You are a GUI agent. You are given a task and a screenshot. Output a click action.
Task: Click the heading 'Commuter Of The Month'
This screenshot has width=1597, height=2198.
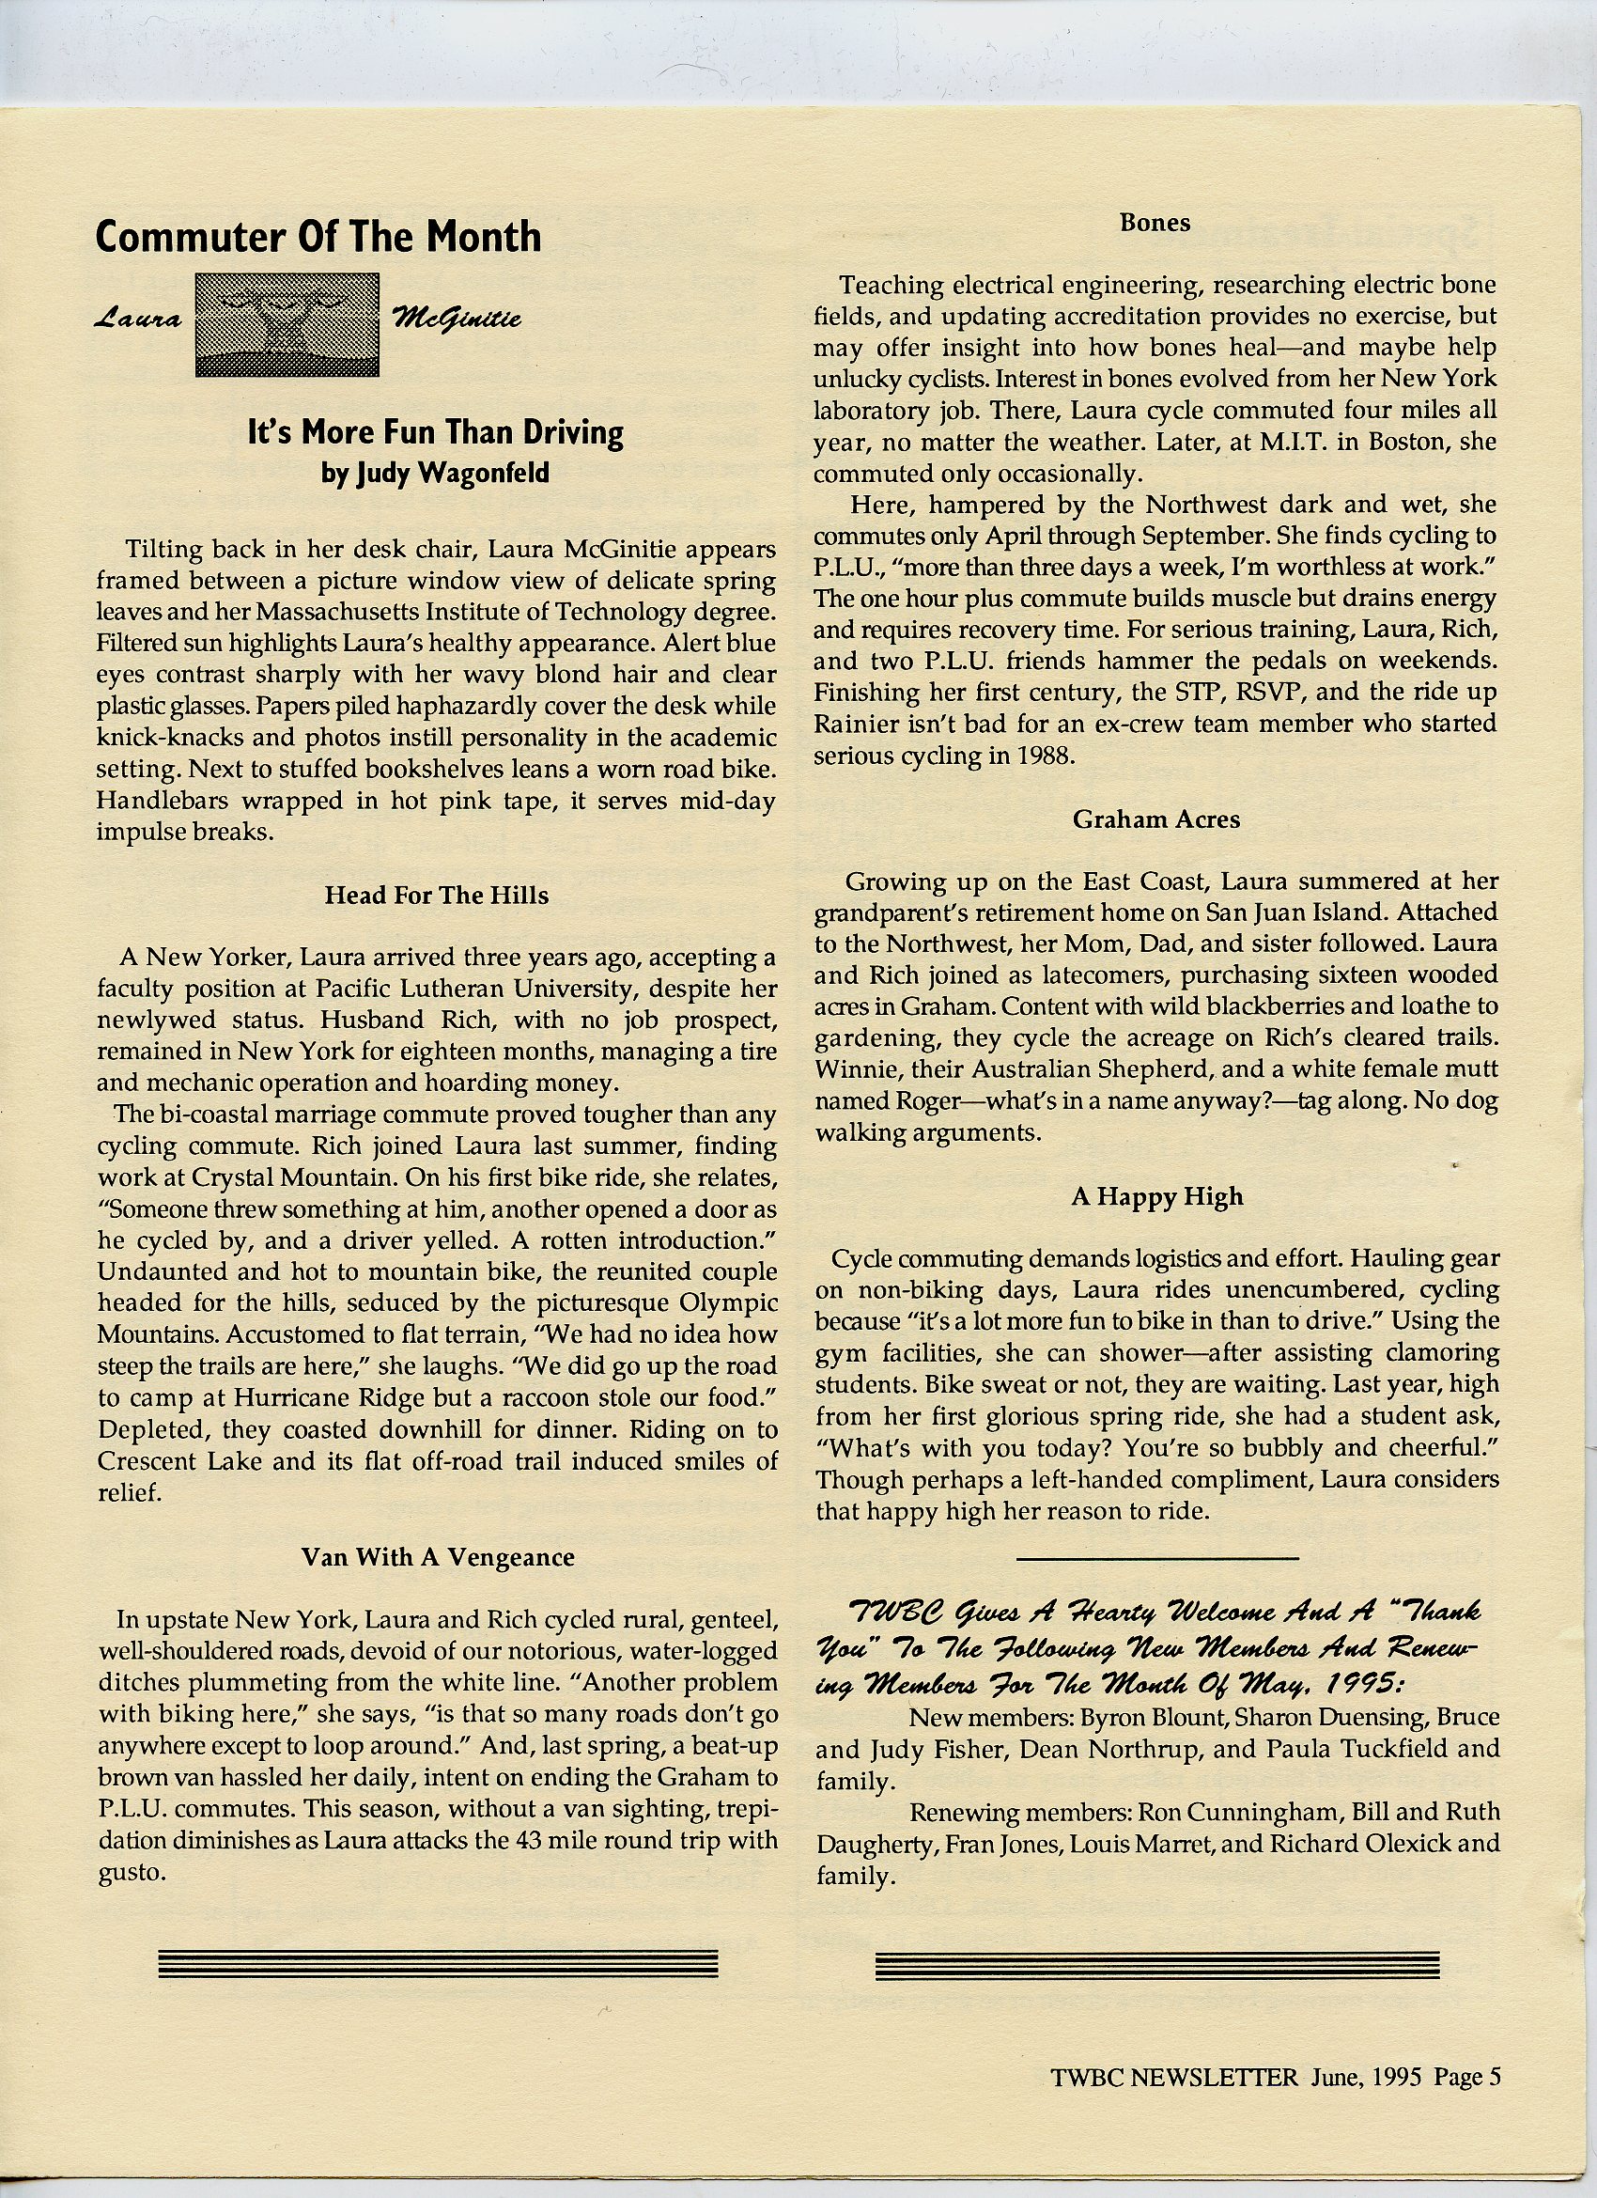pyautogui.click(x=318, y=238)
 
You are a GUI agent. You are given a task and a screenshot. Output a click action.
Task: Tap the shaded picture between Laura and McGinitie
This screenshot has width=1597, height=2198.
pyautogui.click(x=287, y=324)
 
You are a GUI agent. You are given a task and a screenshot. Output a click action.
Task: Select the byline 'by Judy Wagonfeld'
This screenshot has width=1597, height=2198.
pyautogui.click(x=435, y=473)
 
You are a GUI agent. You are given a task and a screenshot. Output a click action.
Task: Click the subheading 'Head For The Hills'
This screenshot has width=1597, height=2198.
pyautogui.click(x=436, y=895)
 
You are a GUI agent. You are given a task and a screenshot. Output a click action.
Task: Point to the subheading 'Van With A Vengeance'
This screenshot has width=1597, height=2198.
pyautogui.click(x=437, y=1557)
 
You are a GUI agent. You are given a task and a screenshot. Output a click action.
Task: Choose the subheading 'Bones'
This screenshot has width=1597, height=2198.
pyautogui.click(x=1155, y=223)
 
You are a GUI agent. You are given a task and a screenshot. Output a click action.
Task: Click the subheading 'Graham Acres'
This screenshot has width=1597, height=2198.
pyautogui.click(x=1155, y=819)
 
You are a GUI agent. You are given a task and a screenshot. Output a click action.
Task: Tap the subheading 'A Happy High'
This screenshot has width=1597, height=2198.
pyautogui.click(x=1156, y=1197)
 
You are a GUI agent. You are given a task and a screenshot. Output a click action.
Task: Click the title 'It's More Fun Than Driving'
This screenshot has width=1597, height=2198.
pyautogui.click(x=435, y=432)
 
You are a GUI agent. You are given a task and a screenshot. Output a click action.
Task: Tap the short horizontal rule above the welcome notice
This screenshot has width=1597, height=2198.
pyautogui.click(x=1156, y=1558)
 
